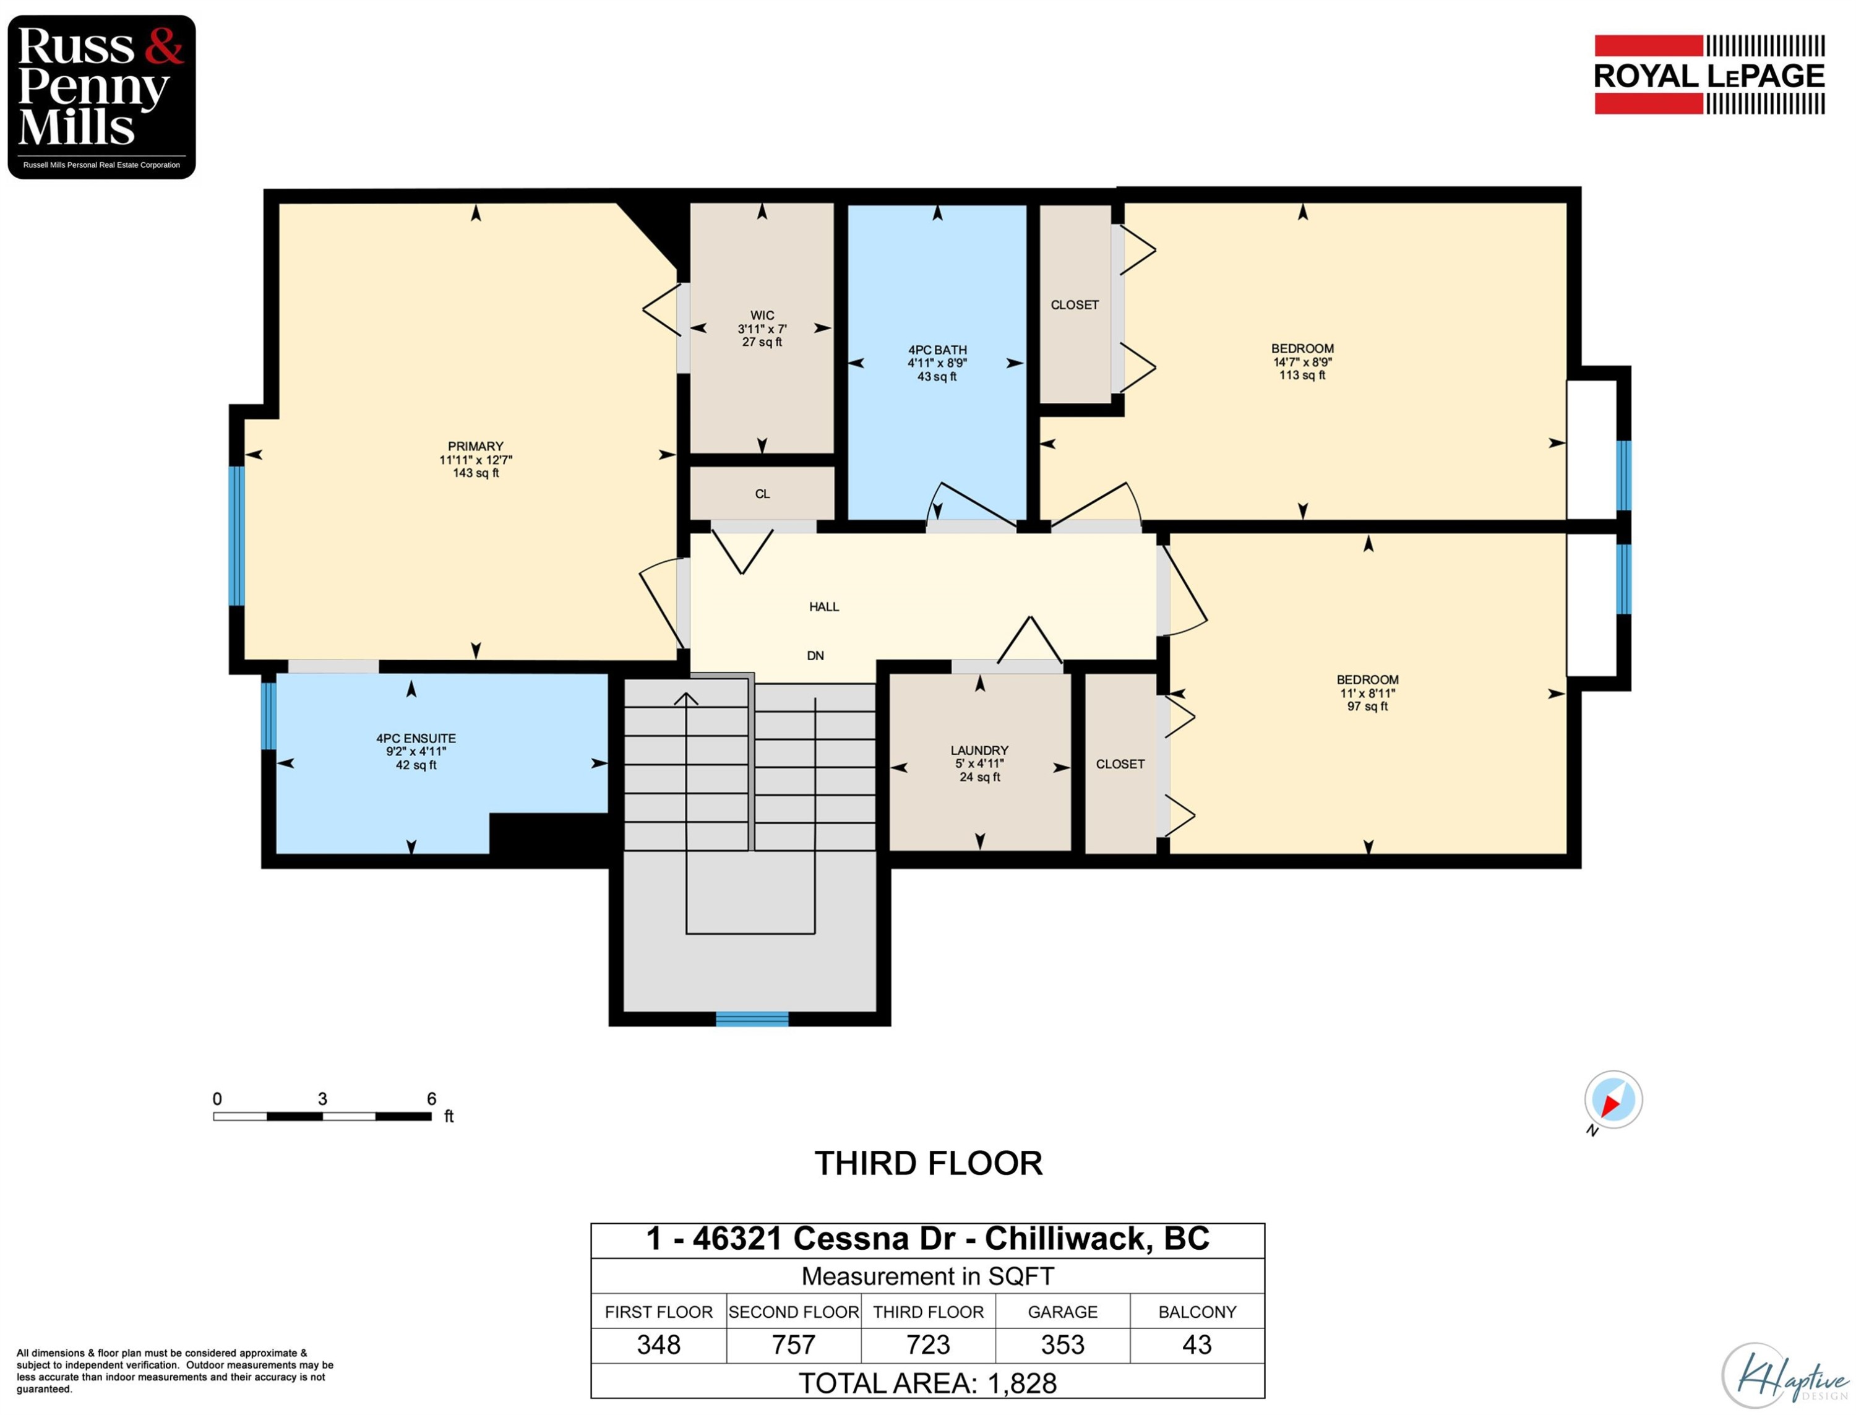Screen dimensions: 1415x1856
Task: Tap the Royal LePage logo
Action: tap(1709, 75)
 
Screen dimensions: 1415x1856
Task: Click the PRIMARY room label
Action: tap(476, 459)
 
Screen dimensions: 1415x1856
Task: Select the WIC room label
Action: tap(762, 329)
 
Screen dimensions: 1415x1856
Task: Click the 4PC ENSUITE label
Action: tap(416, 751)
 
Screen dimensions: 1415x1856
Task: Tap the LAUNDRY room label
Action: tap(979, 763)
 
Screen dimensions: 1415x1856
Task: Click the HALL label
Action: tap(823, 606)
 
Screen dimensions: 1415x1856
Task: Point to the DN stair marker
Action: tap(815, 655)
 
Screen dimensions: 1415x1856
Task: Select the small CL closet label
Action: tap(762, 494)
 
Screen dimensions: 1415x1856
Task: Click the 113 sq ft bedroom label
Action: tap(1302, 362)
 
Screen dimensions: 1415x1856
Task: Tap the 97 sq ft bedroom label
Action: tap(1368, 692)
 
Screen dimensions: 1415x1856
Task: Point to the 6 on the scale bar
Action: tap(431, 1098)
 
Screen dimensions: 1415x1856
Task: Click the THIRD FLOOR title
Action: tap(928, 1163)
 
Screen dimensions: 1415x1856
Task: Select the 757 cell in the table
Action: tap(793, 1344)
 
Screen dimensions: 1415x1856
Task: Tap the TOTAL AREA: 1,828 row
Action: tap(927, 1383)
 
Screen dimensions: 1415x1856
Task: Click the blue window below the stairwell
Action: tap(752, 1019)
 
